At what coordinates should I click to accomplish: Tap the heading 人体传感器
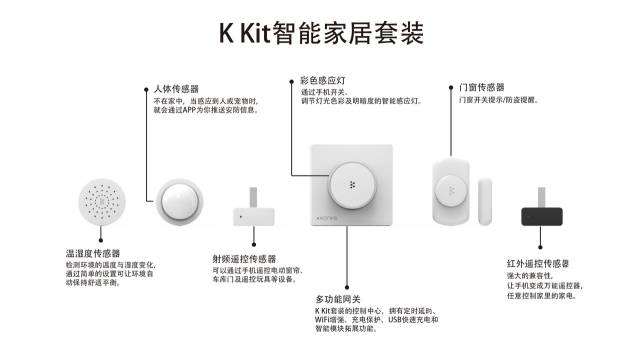177,89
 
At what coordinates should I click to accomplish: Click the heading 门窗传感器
481,87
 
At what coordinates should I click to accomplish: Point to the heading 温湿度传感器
93,254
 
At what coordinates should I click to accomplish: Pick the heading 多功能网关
338,300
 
